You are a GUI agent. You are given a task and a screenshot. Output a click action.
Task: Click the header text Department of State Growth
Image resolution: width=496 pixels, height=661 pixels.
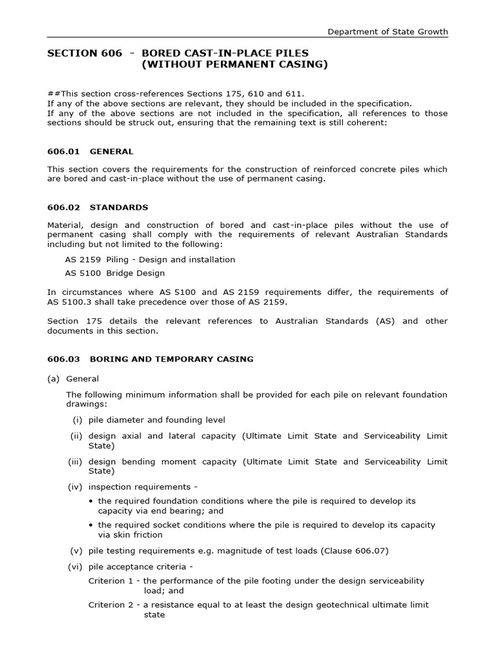click(x=387, y=32)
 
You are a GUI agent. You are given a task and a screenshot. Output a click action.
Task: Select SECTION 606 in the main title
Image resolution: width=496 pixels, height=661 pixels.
click(x=84, y=53)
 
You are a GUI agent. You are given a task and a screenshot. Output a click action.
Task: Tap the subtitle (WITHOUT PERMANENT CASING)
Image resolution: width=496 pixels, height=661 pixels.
click(x=234, y=65)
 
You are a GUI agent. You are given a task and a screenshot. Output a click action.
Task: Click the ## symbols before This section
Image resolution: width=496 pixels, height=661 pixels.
click(x=52, y=94)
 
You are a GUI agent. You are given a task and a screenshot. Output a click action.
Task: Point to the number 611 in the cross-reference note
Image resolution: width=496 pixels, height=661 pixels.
click(x=296, y=94)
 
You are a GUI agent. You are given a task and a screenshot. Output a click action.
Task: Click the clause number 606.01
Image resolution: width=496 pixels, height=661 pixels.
click(x=63, y=152)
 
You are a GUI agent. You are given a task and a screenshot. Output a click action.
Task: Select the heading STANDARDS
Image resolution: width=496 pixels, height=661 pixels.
click(x=119, y=207)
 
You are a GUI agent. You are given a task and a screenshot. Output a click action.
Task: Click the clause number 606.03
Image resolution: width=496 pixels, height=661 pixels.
click(x=63, y=359)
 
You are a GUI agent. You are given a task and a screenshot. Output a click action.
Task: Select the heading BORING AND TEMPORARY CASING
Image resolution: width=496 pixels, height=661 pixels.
click(x=171, y=359)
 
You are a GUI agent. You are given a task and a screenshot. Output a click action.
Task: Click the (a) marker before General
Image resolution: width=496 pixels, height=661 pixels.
click(x=53, y=379)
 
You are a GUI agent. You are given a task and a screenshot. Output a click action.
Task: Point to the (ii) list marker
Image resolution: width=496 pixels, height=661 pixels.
click(x=76, y=436)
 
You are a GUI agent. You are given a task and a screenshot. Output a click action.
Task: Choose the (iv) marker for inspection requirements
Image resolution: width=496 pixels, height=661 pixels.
click(x=76, y=487)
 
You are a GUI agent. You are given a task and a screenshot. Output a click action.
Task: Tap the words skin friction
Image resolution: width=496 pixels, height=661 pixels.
click(x=136, y=534)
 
